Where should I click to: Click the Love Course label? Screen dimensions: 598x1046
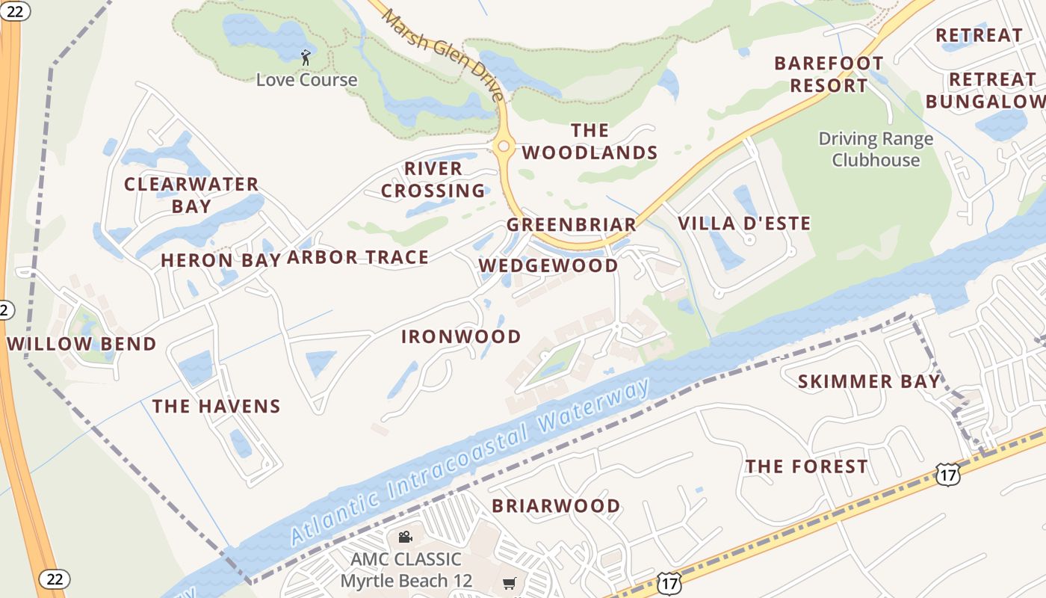(x=306, y=79)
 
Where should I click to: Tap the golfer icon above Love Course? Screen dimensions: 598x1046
(x=306, y=57)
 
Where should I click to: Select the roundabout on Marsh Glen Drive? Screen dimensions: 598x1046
(x=504, y=147)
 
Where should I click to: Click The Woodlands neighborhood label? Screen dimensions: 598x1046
(x=589, y=141)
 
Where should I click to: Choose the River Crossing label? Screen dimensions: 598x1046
(x=433, y=179)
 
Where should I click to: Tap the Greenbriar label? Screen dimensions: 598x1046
(x=572, y=224)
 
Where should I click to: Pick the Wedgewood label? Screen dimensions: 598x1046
(x=548, y=265)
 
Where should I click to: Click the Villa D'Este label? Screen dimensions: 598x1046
(x=744, y=223)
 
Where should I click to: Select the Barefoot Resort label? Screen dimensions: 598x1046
(x=829, y=74)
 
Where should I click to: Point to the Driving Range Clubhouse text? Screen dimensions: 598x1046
(x=876, y=149)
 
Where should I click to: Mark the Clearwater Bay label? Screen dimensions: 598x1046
(x=191, y=194)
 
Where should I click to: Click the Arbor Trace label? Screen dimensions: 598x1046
(x=358, y=257)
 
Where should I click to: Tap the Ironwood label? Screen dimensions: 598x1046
(x=461, y=336)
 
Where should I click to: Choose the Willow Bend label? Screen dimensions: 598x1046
(x=82, y=344)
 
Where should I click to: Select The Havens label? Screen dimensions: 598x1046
(x=217, y=406)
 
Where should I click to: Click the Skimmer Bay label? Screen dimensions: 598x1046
(x=869, y=381)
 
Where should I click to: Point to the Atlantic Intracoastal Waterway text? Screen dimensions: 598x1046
(x=470, y=463)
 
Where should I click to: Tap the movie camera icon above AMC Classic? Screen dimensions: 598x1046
(x=405, y=537)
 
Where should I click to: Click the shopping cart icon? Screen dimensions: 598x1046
(x=510, y=583)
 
